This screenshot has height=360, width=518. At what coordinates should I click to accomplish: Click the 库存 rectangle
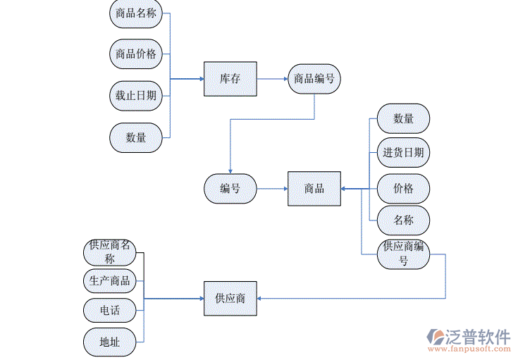[x=230, y=79]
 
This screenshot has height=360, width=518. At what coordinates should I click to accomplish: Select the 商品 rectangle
[x=314, y=189]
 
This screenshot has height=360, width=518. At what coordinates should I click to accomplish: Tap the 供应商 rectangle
[x=230, y=298]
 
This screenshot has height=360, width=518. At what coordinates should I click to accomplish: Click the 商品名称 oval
[x=136, y=13]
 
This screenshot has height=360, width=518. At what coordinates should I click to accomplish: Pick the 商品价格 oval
[x=136, y=54]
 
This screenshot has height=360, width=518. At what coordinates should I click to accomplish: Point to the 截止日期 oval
[x=136, y=96]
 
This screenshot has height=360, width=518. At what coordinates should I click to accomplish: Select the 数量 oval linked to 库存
[x=136, y=137]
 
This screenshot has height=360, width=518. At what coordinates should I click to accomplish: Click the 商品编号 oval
[x=314, y=79]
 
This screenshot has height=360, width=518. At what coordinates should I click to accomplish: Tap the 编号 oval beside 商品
[x=230, y=189]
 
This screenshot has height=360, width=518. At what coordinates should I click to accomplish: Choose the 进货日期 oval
[x=403, y=152]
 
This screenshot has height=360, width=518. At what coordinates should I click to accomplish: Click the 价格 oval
[x=403, y=189]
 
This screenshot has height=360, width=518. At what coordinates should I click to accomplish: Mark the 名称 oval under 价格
[x=403, y=221]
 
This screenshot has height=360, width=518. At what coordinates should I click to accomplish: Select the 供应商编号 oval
[x=403, y=254]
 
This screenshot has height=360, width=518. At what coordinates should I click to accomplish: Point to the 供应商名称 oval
[x=110, y=252]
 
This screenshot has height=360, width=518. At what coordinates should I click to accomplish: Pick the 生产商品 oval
[x=110, y=281]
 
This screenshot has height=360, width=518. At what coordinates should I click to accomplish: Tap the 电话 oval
[x=110, y=310]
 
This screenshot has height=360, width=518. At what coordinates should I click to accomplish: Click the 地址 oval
[x=110, y=342]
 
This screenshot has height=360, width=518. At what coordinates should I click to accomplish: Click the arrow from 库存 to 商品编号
[x=272, y=79]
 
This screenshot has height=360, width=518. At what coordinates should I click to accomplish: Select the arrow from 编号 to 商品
[x=272, y=189]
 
